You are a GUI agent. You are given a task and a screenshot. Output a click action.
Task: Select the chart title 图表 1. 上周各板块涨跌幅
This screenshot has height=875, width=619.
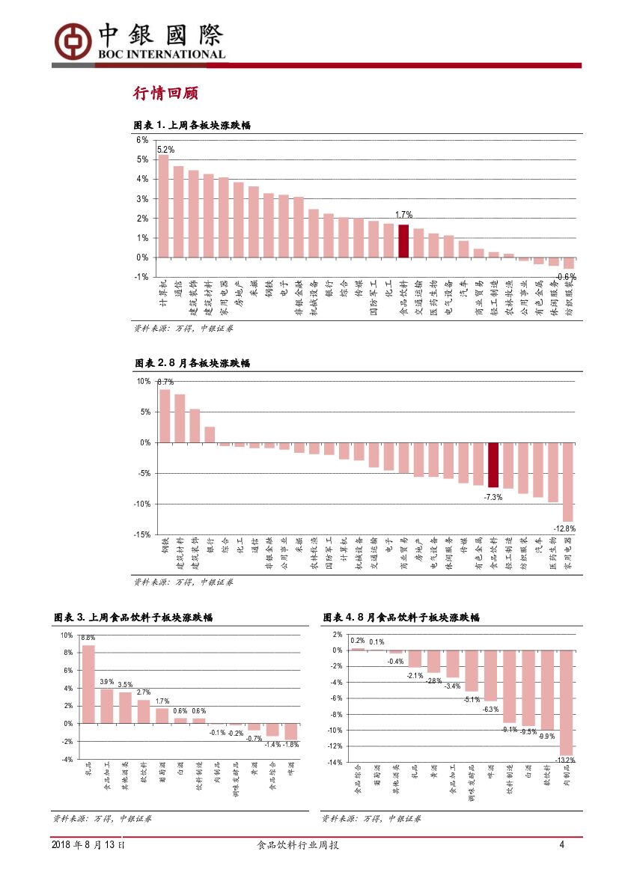[x=191, y=125]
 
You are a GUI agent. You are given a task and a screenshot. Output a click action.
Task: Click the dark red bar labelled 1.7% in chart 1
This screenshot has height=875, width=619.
[x=403, y=240]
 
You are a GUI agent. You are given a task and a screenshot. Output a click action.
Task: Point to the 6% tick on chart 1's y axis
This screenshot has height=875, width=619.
[x=142, y=140]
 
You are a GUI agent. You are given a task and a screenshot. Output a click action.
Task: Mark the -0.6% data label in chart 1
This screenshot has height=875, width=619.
[x=566, y=276]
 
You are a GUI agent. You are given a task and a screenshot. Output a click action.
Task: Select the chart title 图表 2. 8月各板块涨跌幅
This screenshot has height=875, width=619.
[x=192, y=363]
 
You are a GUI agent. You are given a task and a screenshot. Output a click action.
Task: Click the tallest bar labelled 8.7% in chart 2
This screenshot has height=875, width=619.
[x=165, y=415]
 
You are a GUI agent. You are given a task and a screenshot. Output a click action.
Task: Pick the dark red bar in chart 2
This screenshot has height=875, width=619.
[x=493, y=465]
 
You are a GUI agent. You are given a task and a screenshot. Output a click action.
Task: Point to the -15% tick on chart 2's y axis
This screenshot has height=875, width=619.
[x=142, y=534]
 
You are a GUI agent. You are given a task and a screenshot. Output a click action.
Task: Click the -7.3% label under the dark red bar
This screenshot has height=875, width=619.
[x=493, y=497]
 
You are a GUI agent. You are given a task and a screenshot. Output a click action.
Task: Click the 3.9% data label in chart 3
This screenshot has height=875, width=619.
[x=106, y=682]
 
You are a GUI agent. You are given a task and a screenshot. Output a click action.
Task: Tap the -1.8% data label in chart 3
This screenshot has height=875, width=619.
[x=290, y=745]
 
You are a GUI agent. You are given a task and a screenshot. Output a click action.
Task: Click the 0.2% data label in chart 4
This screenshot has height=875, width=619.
[x=357, y=641]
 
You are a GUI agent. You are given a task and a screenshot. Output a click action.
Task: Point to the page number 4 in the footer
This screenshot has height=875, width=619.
[x=561, y=845]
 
